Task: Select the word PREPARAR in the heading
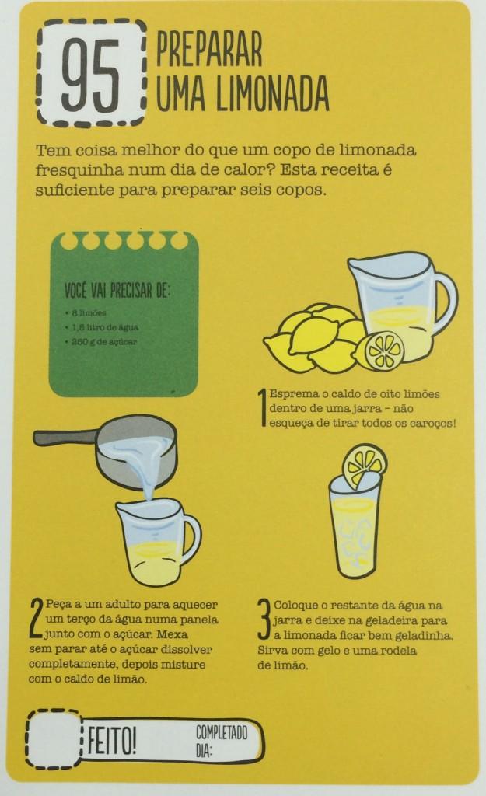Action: (209, 49)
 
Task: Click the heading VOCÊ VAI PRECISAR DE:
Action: (117, 291)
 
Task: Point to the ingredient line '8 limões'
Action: (86, 313)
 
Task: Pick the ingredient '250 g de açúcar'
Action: (101, 342)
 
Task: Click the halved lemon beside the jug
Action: (380, 350)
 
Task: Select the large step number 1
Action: (263, 407)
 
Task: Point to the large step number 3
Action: (264, 619)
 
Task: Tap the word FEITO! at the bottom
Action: (112, 741)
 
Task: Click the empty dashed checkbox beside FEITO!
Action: (53, 738)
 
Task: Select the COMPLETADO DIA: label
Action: (222, 741)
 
